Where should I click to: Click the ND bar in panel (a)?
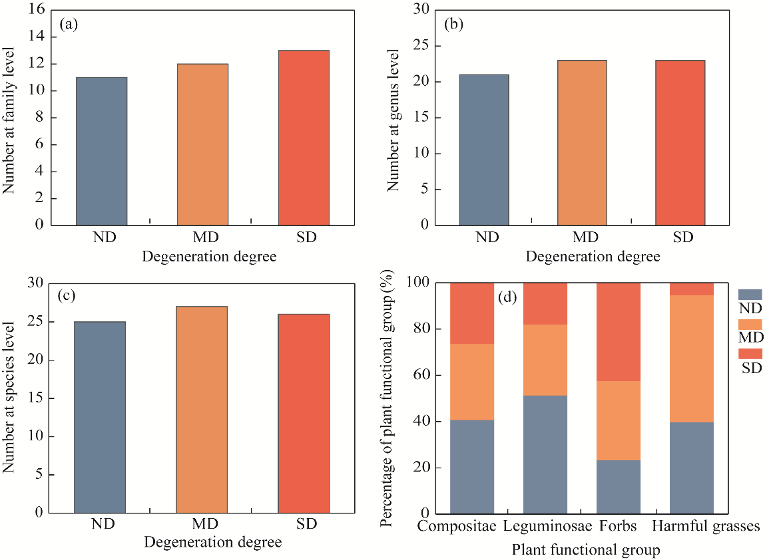[x=101, y=151]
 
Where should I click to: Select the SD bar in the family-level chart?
[x=304, y=138]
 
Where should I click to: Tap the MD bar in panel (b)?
[x=582, y=142]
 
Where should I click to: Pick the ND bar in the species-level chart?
[x=99, y=417]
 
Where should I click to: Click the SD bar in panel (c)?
[x=304, y=413]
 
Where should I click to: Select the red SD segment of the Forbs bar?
[x=618, y=332]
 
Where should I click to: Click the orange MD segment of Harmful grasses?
[x=692, y=358]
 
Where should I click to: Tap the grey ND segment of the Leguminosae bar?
[x=545, y=454]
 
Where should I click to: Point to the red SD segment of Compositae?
[x=472, y=313]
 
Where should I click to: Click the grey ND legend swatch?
[x=750, y=294]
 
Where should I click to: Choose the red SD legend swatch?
[x=750, y=353]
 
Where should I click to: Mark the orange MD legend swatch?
[x=750, y=324]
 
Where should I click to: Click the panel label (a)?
[x=69, y=25]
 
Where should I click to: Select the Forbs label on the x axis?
[x=617, y=527]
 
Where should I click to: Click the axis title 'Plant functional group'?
[x=586, y=549]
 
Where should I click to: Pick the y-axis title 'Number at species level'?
[x=9, y=398]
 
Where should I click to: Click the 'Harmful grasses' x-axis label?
[x=706, y=527]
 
